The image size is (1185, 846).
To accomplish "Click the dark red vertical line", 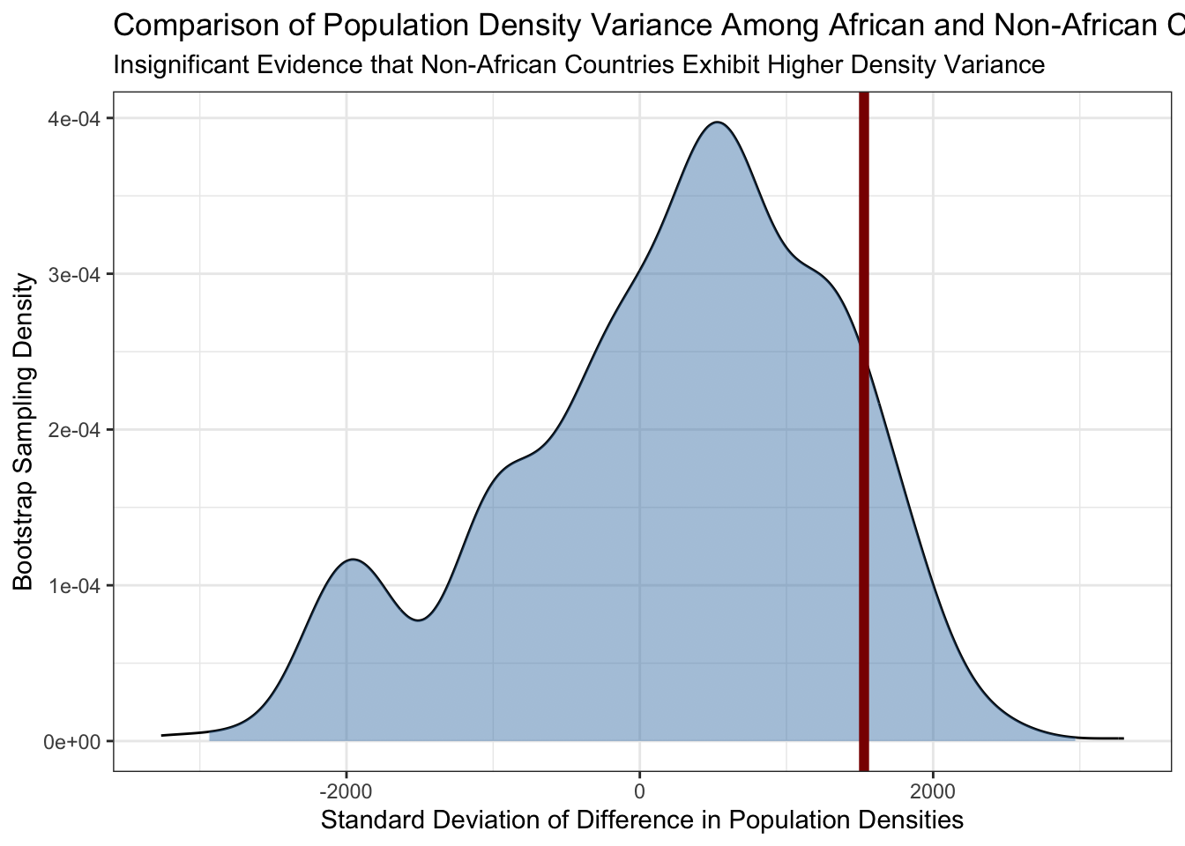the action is [x=863, y=432].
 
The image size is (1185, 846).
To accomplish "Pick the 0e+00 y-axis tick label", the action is [x=72, y=742].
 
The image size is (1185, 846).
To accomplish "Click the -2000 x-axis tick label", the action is [x=347, y=791].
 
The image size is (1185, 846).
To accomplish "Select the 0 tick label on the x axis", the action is [x=639, y=791].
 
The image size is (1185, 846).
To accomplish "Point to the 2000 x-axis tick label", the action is [x=933, y=791].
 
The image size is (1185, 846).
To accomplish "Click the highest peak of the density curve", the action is [x=717, y=122].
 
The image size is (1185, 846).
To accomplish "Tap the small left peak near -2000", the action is [x=353, y=560].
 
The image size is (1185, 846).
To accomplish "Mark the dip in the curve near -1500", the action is [x=419, y=620].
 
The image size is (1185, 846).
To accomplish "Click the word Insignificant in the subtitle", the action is [x=181, y=65].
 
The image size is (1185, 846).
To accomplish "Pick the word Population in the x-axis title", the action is [x=788, y=820].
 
